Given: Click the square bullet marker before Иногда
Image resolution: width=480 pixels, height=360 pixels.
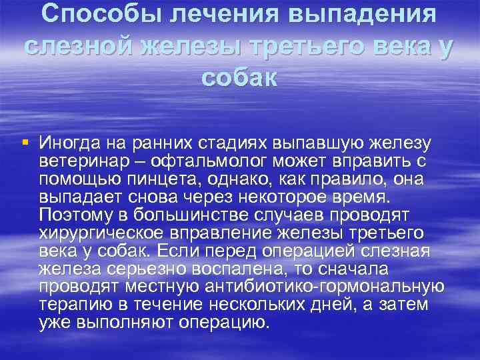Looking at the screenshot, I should pyautogui.click(x=25, y=142).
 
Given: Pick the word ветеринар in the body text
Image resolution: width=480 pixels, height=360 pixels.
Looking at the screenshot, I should pyautogui.click(x=75, y=161).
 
